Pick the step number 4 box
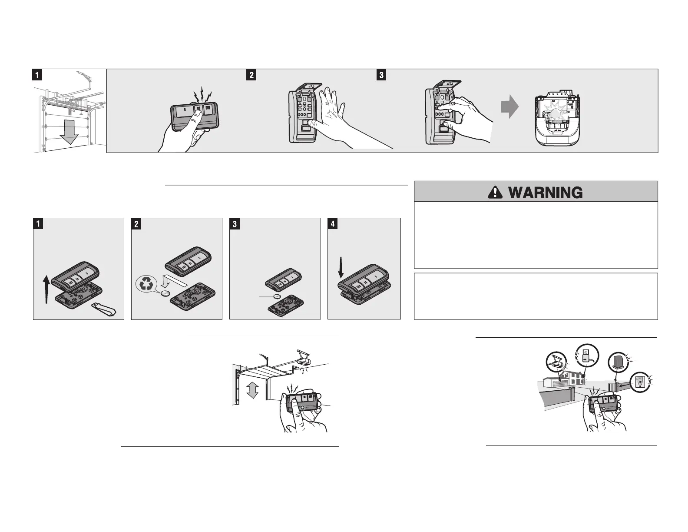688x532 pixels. [332, 224]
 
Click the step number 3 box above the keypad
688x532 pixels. [381, 75]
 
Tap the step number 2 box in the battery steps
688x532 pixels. [136, 224]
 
